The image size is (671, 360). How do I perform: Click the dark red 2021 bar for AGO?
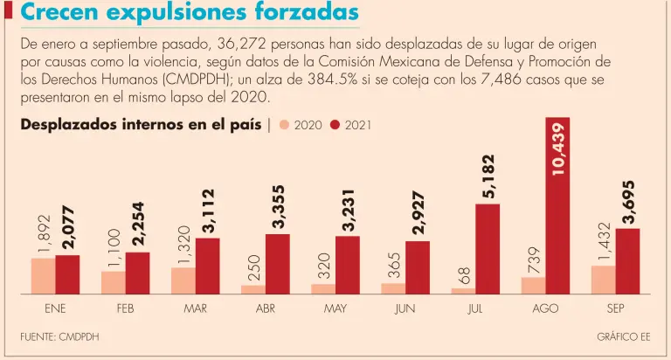point(557,205)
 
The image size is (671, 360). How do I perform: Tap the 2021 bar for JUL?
point(488,248)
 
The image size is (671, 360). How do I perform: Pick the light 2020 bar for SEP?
point(604,279)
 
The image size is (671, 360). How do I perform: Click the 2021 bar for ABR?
point(277,263)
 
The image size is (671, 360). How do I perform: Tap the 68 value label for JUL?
point(464,276)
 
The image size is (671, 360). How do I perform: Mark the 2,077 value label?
point(68,228)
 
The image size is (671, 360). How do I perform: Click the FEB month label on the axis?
point(125,308)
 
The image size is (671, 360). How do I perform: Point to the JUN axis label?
point(405,308)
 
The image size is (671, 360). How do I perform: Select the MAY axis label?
point(335,308)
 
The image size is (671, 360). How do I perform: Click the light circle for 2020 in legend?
point(284,125)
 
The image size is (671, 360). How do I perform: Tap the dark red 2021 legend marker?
point(335,125)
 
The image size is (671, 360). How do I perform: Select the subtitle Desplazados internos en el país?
point(141,125)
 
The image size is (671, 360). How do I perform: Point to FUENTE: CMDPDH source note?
point(53,336)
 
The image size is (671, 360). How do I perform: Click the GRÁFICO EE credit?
point(623,336)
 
